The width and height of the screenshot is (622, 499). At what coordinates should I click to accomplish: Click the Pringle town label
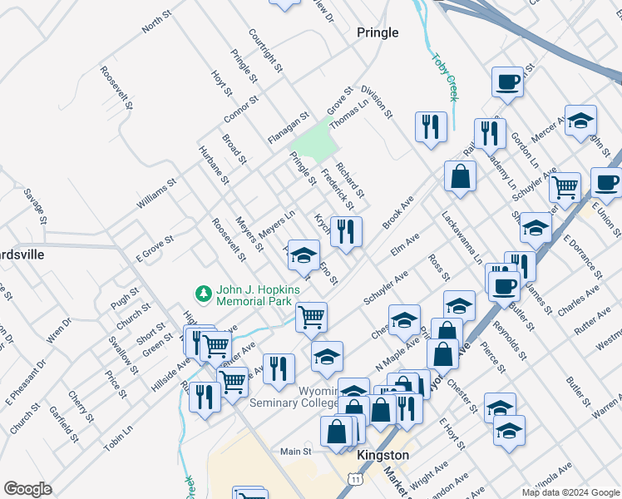[x=377, y=32]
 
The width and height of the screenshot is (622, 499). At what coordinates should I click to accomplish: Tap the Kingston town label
[x=383, y=456]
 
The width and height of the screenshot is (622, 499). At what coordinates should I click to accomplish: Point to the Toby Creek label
[x=444, y=77]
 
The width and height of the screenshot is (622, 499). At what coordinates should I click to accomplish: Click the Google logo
[x=28, y=489]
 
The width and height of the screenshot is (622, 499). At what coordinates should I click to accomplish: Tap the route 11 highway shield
[x=356, y=480]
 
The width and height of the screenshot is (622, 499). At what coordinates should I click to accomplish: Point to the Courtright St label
[x=266, y=50]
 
